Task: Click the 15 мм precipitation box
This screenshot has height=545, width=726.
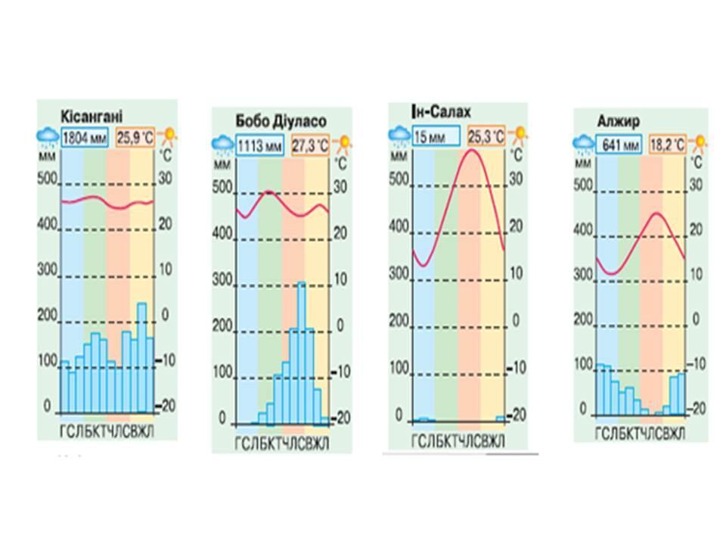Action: click(436, 136)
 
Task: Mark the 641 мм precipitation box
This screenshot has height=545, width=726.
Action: click(619, 143)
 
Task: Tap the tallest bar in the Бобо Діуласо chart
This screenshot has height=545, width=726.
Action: click(301, 351)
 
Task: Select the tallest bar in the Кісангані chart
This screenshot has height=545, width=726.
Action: click(141, 356)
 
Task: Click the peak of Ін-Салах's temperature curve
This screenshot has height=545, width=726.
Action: click(473, 150)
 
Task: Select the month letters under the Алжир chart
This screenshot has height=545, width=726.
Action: click(640, 434)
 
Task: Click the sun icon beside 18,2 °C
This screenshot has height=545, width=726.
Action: click(700, 142)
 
